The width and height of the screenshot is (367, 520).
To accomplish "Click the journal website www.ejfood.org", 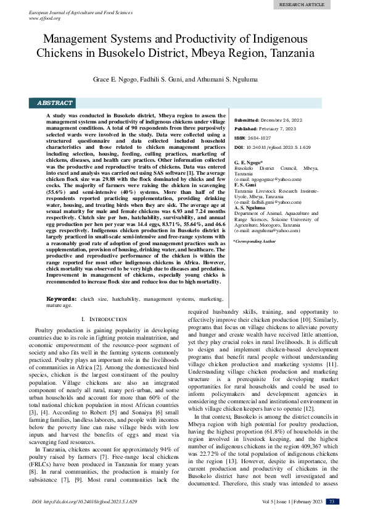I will click(44, 18).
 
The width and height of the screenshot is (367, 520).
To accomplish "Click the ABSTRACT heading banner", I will click(55, 103).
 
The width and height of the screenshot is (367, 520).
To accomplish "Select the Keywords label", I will click(62, 299).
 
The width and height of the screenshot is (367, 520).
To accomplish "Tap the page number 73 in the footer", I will click(331, 501).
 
